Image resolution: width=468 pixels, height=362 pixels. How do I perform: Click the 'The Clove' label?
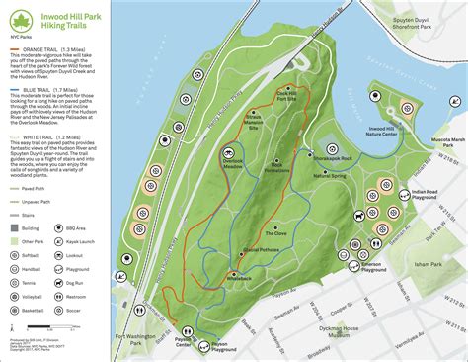pyautogui.click(x=275, y=232)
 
